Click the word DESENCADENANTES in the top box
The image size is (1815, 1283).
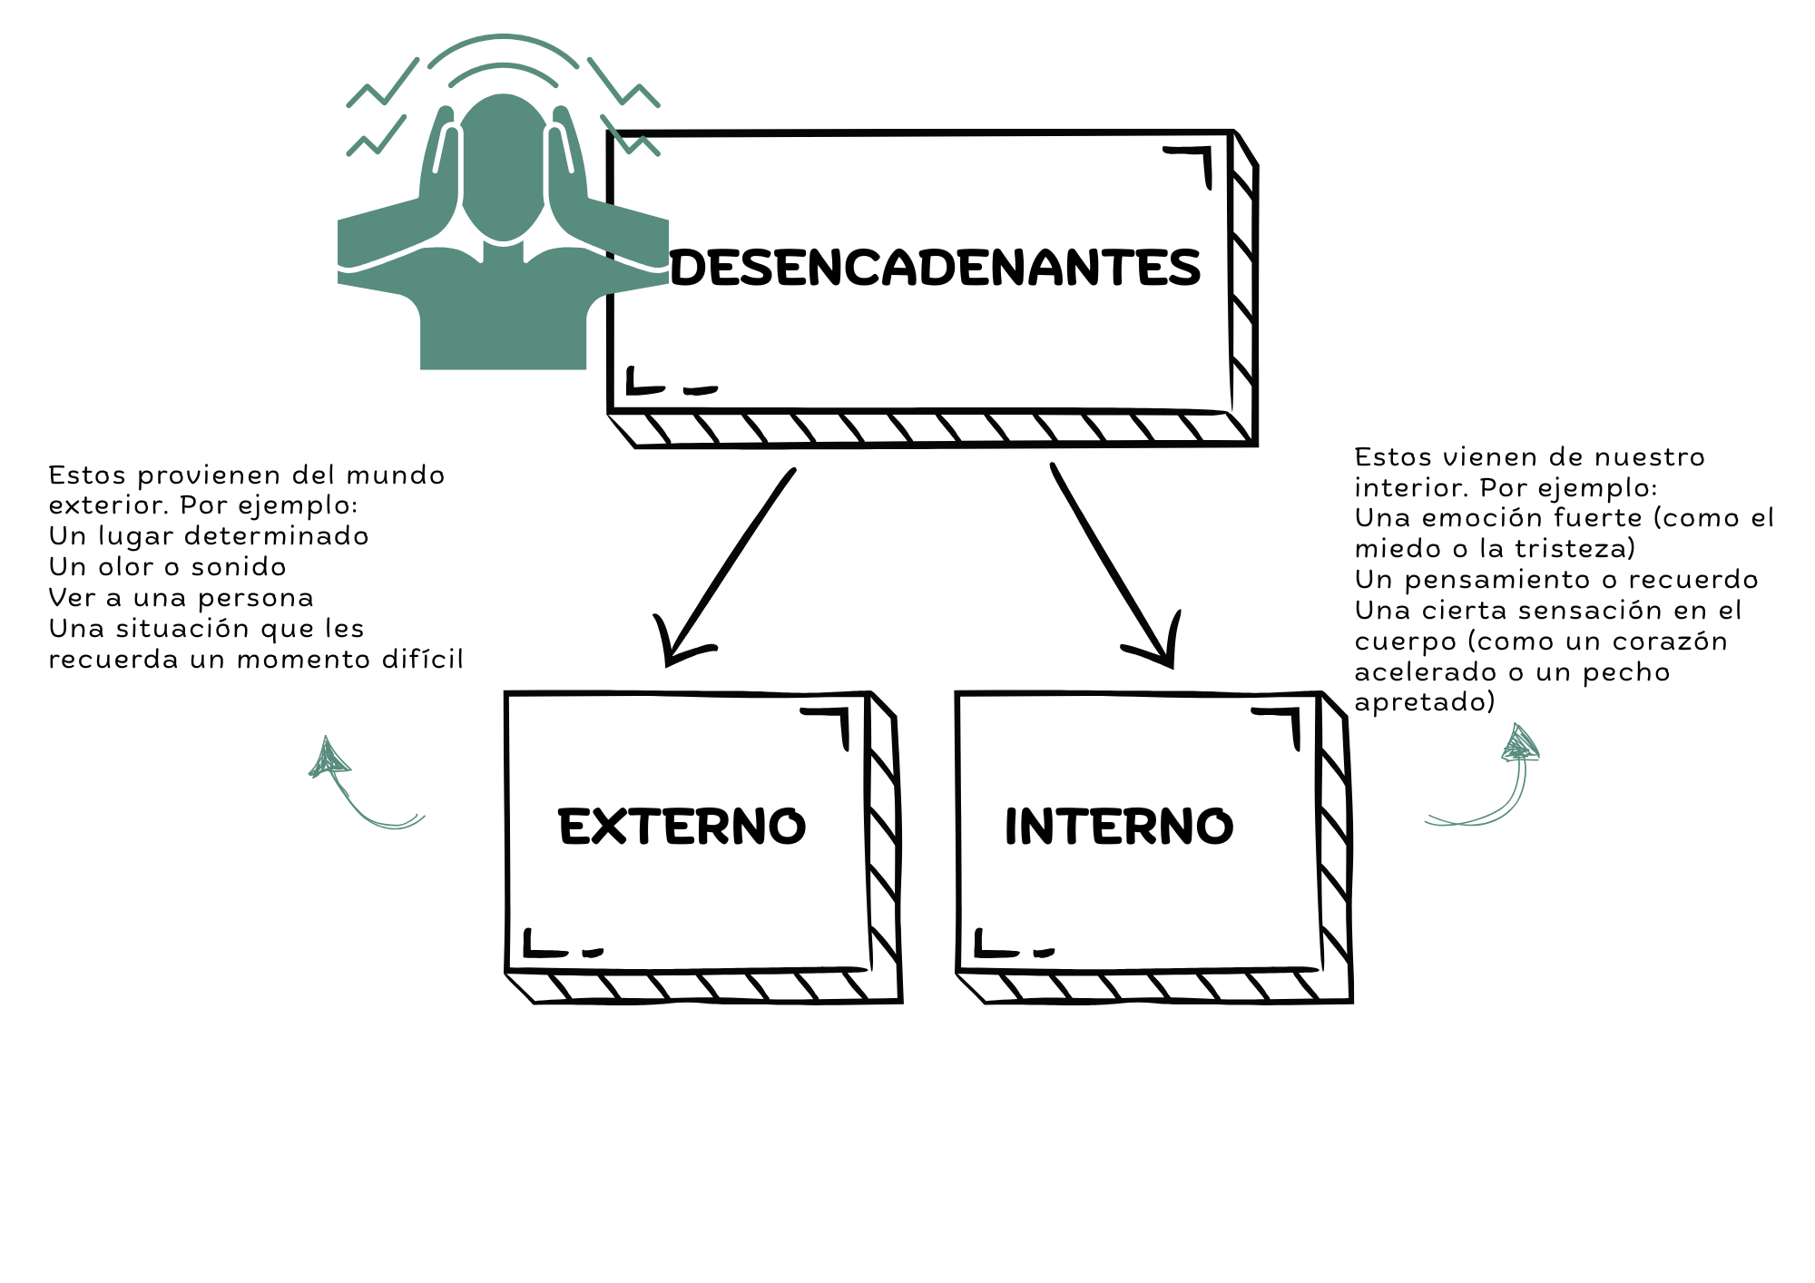(x=936, y=268)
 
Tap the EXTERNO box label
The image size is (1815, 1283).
(x=682, y=827)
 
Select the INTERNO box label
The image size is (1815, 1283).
(x=1119, y=827)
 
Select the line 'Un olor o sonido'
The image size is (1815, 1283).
(x=167, y=567)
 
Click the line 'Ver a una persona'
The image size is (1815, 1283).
(x=181, y=598)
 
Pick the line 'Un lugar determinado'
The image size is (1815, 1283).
(x=209, y=536)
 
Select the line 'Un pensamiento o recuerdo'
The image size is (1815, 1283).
(x=1556, y=580)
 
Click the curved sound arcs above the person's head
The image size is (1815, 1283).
(x=504, y=50)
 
